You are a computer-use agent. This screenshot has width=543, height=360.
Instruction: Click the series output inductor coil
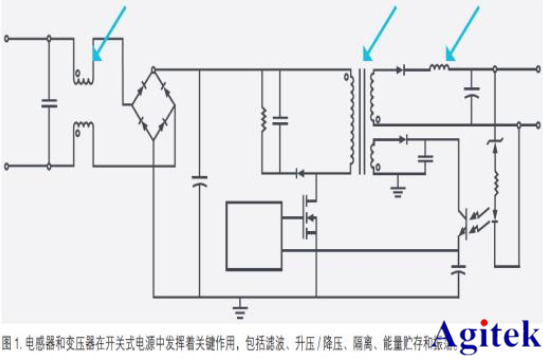[440, 68]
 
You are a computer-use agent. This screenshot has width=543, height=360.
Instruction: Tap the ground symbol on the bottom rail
[239, 304]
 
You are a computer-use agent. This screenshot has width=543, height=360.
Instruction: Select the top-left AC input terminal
[9, 40]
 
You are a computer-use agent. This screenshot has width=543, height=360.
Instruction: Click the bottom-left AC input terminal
[9, 164]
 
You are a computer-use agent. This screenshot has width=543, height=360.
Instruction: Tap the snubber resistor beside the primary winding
[263, 121]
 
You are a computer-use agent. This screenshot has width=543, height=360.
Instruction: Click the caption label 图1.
[14, 340]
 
